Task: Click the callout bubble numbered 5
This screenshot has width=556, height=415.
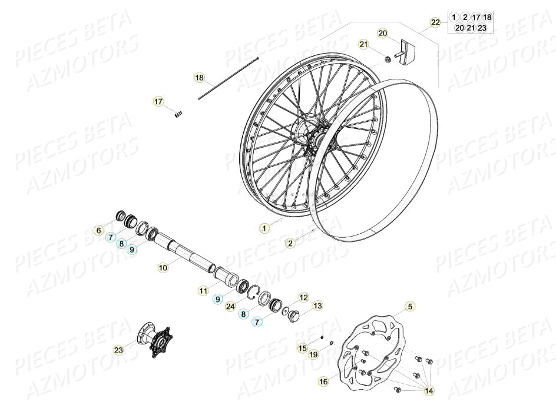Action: (410, 306)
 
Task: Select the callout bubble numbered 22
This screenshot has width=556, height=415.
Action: (435, 22)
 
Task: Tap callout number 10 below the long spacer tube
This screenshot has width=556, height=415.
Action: (163, 267)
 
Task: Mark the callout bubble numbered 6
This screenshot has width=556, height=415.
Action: (99, 230)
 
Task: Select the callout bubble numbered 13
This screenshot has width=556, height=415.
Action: (317, 306)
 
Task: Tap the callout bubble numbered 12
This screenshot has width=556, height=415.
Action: (303, 297)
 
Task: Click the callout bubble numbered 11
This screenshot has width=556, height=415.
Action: (203, 290)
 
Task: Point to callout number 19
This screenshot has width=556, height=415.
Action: (313, 354)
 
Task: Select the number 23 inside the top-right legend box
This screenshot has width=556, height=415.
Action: (482, 28)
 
